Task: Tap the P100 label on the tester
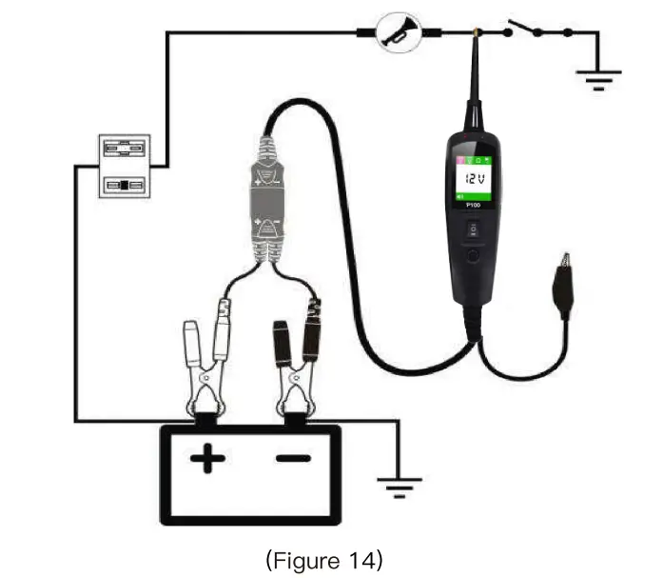tap(473, 204)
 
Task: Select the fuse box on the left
tap(125, 166)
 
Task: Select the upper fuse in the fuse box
tap(125, 149)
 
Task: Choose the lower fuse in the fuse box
tap(125, 184)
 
